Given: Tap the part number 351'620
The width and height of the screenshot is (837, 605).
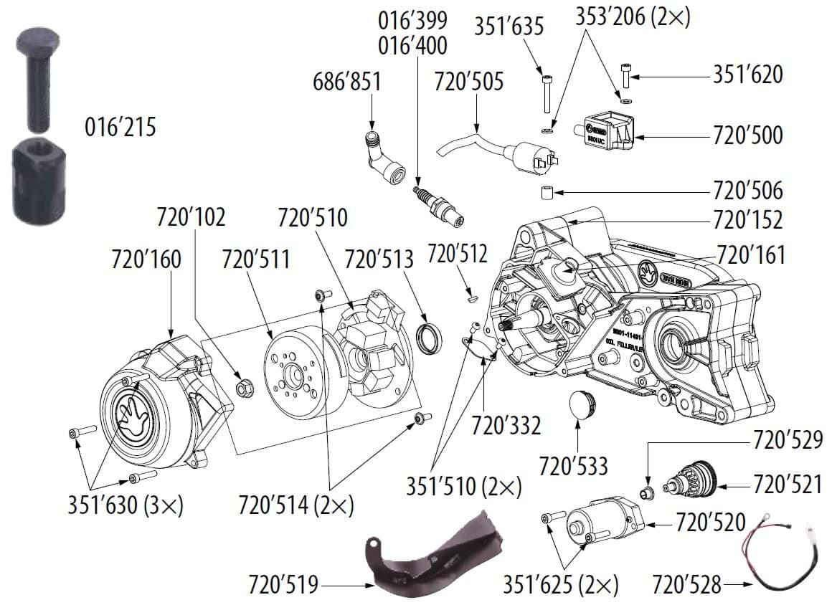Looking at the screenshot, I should [747, 74].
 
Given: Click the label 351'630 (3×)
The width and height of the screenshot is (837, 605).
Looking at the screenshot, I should [126, 505].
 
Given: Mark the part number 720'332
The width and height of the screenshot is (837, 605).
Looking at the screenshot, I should [506, 426].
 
